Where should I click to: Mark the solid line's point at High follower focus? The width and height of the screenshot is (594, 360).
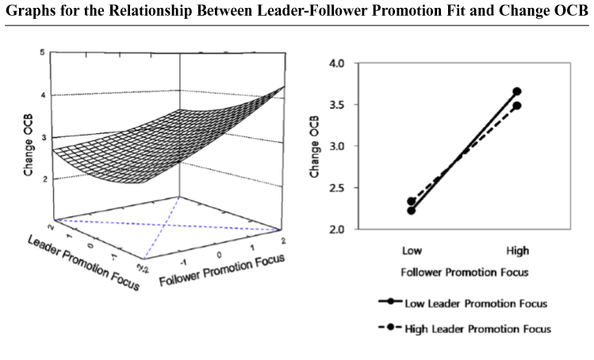[x=517, y=91]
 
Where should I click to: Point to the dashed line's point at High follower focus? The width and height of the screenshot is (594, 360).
[x=517, y=105]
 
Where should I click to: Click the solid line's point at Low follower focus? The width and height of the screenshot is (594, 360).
[x=412, y=210]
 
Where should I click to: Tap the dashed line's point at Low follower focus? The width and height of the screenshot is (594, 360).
[x=412, y=201]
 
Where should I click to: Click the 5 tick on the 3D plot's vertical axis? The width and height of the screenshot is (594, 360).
[x=41, y=52]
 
